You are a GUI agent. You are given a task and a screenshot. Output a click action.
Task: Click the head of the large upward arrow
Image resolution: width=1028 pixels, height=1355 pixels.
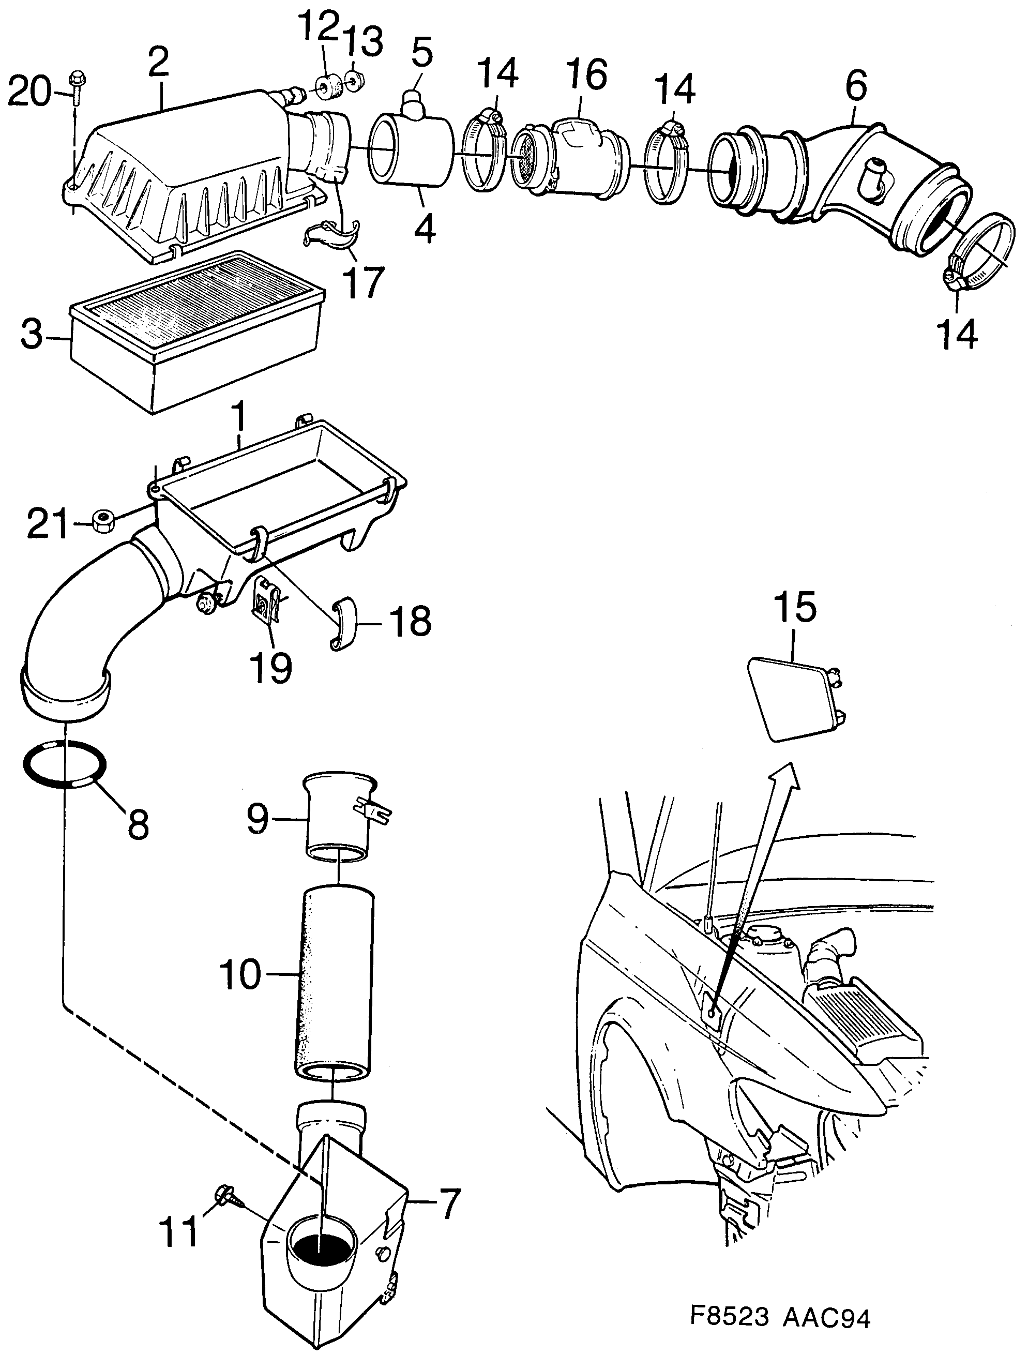point(787,777)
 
